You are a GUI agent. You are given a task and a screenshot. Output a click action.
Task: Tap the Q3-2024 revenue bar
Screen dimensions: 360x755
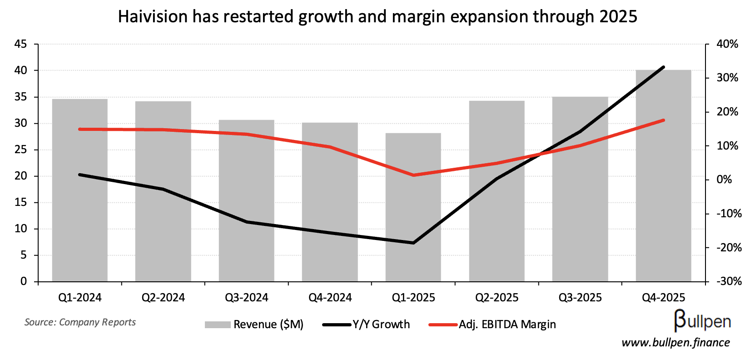click(246, 205)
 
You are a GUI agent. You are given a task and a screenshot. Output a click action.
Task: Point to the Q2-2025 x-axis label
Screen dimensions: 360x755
click(497, 298)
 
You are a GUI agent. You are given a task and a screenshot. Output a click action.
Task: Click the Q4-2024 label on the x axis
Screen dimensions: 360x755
click(330, 298)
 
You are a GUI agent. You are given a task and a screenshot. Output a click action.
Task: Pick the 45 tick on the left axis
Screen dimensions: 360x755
click(21, 44)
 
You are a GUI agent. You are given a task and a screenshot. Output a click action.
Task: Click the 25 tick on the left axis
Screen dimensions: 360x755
click(21, 150)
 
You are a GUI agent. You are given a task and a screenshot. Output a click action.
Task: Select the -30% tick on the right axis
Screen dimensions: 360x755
click(729, 281)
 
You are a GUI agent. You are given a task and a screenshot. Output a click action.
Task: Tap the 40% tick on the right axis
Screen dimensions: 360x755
click(727, 44)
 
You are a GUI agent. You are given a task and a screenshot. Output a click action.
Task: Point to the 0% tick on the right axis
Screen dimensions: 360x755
click(724, 180)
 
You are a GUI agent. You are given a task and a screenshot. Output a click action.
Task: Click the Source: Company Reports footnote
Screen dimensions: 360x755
click(80, 322)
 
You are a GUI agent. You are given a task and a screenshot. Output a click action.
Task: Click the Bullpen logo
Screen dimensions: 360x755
click(702, 321)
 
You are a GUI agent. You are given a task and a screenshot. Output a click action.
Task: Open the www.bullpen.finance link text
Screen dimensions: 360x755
click(675, 343)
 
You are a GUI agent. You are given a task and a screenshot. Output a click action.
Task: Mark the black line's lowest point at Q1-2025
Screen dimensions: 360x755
click(413, 243)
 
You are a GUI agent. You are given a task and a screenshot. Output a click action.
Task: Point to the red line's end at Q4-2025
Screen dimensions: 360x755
click(663, 120)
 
